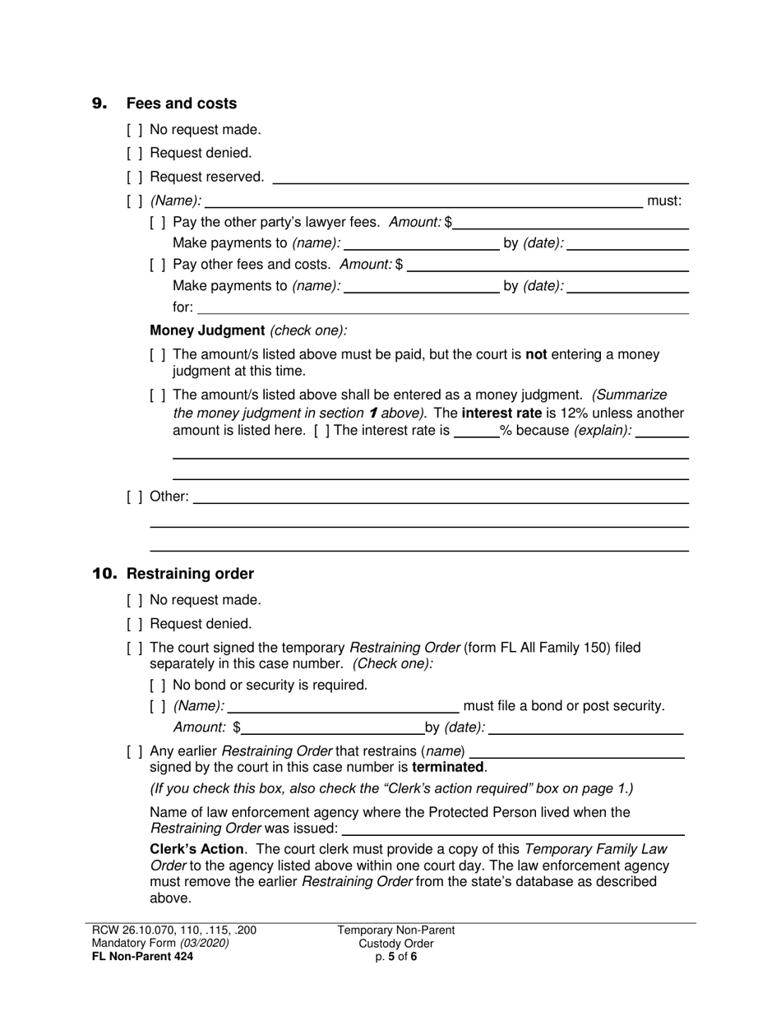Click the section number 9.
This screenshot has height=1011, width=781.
pos(99,104)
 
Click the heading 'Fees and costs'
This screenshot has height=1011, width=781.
pos(181,104)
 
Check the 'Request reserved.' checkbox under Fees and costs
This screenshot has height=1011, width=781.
pos(135,177)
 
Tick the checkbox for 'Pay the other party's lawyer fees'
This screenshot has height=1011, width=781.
pos(158,222)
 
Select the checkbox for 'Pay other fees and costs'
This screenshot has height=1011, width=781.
pos(158,265)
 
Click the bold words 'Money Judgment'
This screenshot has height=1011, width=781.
pos(207,330)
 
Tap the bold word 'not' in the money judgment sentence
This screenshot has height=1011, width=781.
pos(536,354)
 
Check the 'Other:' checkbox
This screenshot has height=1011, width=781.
pos(135,496)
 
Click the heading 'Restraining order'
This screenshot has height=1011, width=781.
pos(190,574)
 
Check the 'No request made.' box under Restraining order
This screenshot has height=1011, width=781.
pos(135,600)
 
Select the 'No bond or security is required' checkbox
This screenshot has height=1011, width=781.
pos(158,686)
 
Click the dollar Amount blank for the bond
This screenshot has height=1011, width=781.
pos(332,728)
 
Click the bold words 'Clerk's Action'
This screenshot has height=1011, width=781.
pos(196,849)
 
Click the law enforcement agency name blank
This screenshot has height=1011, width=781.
pos(513,829)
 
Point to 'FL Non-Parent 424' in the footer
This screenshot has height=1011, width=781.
pos(143,956)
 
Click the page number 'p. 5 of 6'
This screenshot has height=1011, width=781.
pos(395,956)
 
